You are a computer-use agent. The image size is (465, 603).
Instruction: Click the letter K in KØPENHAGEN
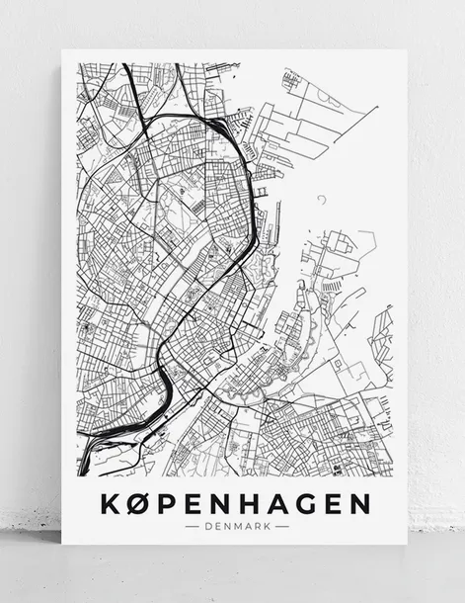click(x=112, y=503)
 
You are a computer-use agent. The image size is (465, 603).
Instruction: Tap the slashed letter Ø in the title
click(x=141, y=503)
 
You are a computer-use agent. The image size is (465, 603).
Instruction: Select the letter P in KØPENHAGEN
click(x=169, y=503)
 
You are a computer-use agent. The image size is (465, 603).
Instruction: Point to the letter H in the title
click(x=251, y=503)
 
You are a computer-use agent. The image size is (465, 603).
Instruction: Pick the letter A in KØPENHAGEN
click(x=279, y=503)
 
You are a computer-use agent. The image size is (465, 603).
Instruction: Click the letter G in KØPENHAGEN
click(x=308, y=503)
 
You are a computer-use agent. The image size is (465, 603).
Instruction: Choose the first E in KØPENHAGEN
click(x=194, y=503)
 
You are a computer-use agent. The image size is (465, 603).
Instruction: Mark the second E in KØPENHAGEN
click(x=335, y=503)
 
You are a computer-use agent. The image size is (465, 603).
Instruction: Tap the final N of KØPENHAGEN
click(x=361, y=503)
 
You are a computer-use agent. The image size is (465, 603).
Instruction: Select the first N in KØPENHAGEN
click(x=222, y=503)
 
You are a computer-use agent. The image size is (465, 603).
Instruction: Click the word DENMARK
click(x=236, y=526)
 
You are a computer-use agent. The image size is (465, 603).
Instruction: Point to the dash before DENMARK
click(x=193, y=526)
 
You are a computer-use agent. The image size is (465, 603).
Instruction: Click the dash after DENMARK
click(x=281, y=526)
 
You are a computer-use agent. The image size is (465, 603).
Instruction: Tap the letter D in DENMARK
click(x=207, y=526)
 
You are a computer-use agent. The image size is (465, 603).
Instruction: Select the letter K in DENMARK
click(x=267, y=526)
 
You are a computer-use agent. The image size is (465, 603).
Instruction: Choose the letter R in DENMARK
click(x=257, y=526)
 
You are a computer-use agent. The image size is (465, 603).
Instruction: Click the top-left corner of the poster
click(x=62, y=50)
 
